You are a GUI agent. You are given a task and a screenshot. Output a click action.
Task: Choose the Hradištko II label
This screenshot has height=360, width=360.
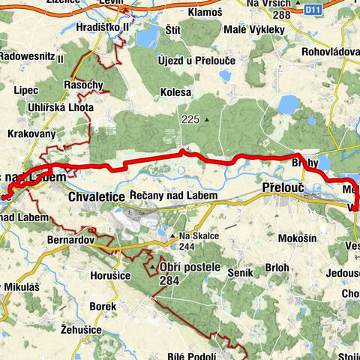click(103, 26)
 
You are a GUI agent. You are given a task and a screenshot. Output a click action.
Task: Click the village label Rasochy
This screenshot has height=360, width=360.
click(84, 84)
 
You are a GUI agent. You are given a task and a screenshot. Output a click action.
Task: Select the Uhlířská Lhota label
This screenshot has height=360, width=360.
click(61, 107)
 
